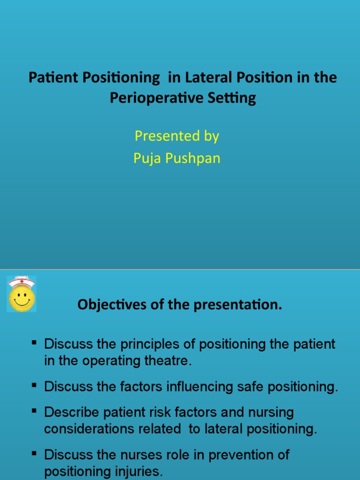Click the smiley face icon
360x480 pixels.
pyautogui.click(x=22, y=298)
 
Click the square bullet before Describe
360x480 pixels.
pyautogui.click(x=34, y=411)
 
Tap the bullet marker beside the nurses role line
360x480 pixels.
pyautogui.click(x=34, y=453)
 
